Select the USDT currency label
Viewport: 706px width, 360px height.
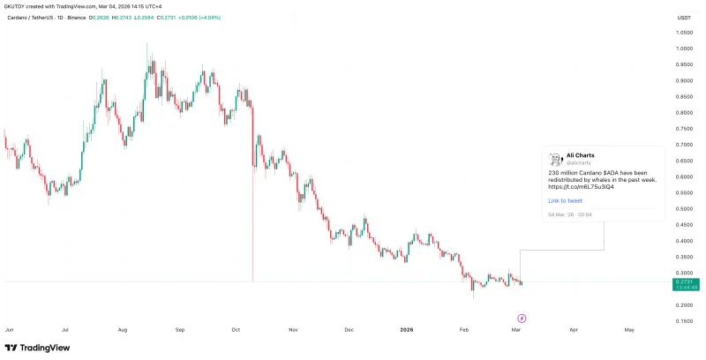pyautogui.click(x=683, y=18)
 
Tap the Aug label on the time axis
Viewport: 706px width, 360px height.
pyautogui.click(x=122, y=329)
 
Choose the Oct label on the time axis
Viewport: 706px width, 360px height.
pyautogui.click(x=236, y=329)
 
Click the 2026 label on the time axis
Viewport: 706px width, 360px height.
pyautogui.click(x=407, y=329)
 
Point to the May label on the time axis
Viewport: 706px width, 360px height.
pyautogui.click(x=628, y=329)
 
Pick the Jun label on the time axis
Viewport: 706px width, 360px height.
pyautogui.click(x=10, y=329)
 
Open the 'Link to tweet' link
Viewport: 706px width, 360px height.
pyautogui.click(x=565, y=201)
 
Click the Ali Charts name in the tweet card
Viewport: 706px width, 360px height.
pyautogui.click(x=581, y=155)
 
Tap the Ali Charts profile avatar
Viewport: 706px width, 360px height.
pyautogui.click(x=556, y=159)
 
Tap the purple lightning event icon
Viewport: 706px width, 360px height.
pyautogui.click(x=521, y=316)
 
